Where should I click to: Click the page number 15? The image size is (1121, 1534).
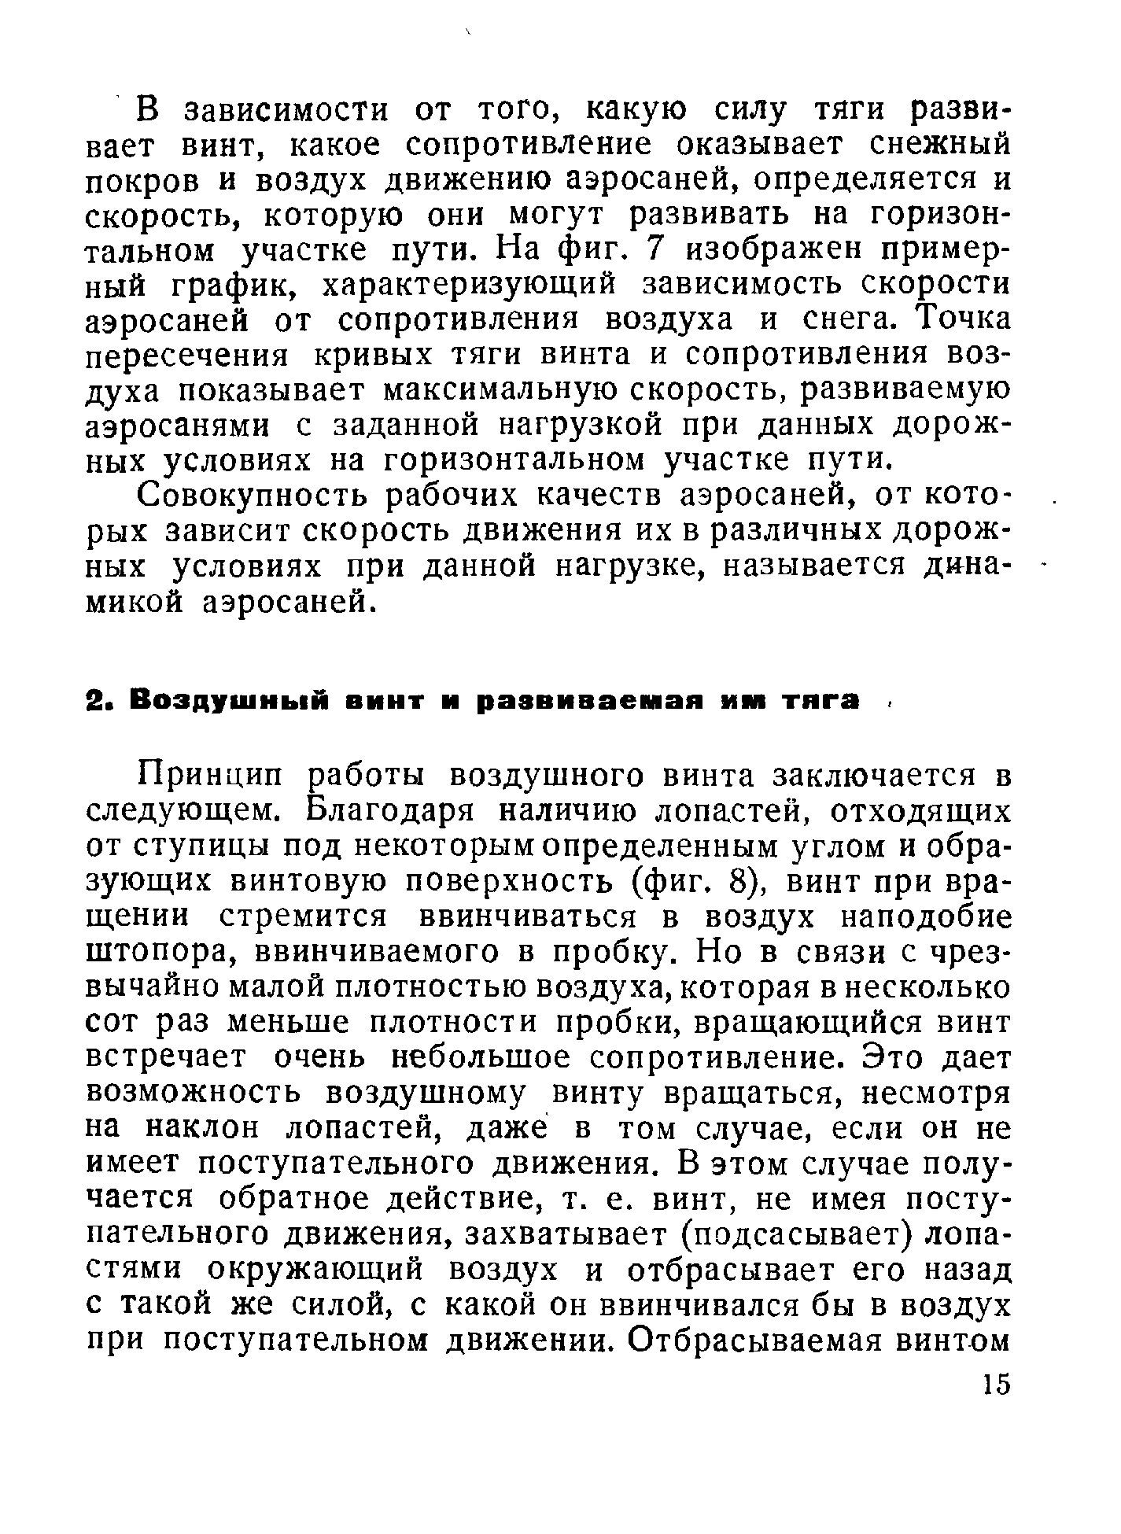994,1385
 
